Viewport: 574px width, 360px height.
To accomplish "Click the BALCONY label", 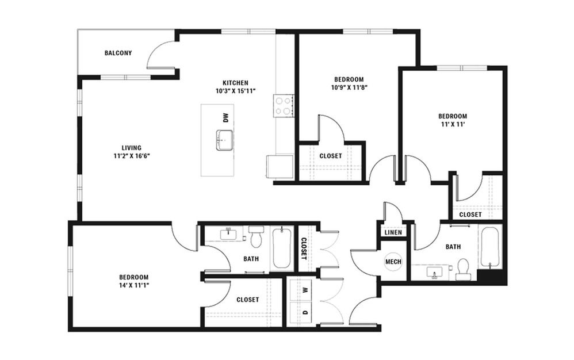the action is (x=118, y=53).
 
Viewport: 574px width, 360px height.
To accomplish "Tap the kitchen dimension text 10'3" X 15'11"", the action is (x=235, y=91).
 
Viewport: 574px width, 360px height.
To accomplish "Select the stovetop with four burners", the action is (x=284, y=106).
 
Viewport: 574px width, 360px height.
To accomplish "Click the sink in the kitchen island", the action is (x=224, y=140).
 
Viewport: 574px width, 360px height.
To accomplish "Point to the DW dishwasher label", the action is (x=225, y=117).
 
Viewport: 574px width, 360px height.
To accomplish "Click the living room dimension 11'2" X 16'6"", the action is (x=132, y=156).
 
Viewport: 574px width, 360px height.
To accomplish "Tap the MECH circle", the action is (x=393, y=262).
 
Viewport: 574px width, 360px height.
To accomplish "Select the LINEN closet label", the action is (x=393, y=232).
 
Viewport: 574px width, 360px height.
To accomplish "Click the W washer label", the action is (x=305, y=290).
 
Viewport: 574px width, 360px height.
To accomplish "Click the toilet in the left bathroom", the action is (x=256, y=236).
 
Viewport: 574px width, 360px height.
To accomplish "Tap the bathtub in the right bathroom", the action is (x=490, y=248).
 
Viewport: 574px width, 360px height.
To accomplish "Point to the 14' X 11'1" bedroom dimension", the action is (x=133, y=285).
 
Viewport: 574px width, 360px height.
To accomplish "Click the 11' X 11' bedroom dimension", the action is (x=453, y=124).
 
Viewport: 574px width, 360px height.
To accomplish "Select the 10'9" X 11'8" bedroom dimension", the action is (x=349, y=87).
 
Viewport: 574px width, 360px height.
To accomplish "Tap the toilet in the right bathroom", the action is (x=463, y=269).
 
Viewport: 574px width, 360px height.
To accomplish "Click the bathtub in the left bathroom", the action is (x=281, y=248).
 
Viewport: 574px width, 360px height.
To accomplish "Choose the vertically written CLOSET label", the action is (x=304, y=249).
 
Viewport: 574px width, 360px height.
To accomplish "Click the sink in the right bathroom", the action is (x=435, y=273).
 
